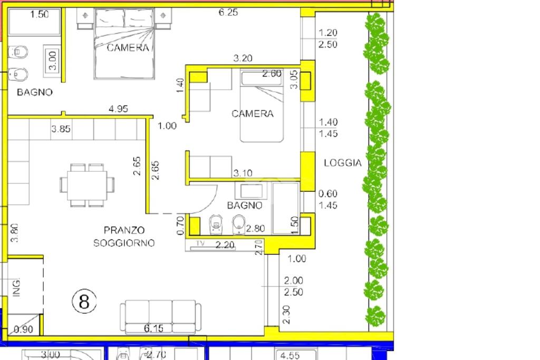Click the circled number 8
84,301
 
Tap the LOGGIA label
343,163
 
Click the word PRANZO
124,230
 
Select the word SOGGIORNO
124,243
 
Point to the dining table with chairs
87,185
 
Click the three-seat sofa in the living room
160,317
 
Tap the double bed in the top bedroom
124,43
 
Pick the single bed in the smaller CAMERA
262,105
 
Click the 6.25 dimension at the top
228,13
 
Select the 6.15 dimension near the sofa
153,328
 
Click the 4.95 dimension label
118,109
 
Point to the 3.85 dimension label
61,129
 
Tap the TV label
200,244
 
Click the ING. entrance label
16,287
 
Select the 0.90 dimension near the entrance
23,329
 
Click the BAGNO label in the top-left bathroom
35,92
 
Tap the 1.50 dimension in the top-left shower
39,14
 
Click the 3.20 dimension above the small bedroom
243,59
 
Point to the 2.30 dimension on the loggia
286,315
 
